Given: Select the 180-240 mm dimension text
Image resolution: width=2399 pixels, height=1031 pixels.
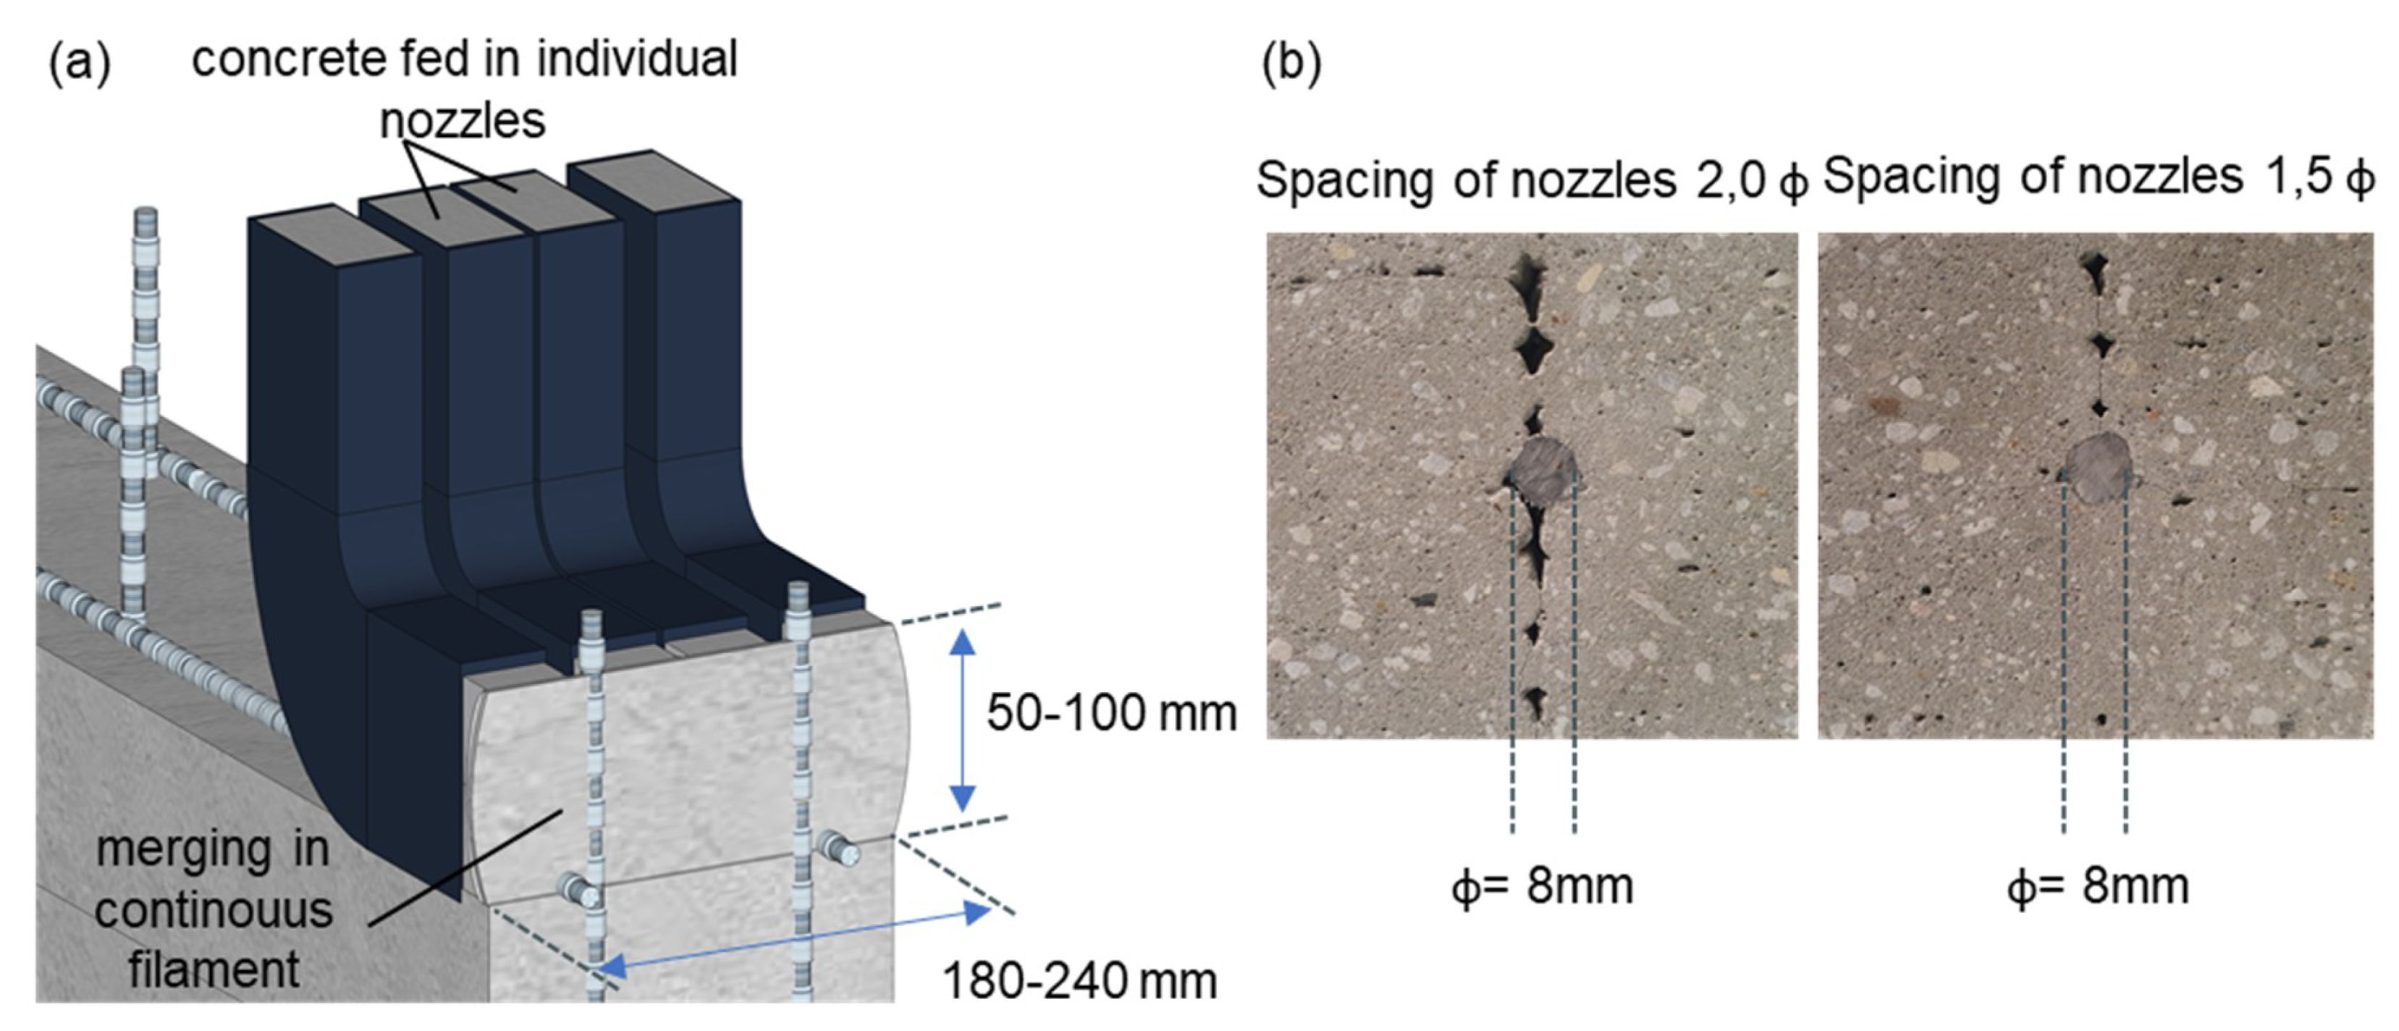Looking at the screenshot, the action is pyautogui.click(x=1079, y=982).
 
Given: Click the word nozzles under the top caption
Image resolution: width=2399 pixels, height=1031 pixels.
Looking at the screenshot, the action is pyautogui.click(x=463, y=121).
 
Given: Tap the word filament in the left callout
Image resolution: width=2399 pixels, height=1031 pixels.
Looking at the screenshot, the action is pyautogui.click(x=214, y=969).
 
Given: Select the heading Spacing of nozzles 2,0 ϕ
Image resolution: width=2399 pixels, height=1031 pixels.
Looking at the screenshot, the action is pyautogui.click(x=1531, y=180).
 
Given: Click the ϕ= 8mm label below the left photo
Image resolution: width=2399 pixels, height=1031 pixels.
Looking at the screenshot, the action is pyautogui.click(x=1542, y=885).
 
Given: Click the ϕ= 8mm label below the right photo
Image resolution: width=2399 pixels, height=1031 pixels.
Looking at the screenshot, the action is pyautogui.click(x=2097, y=885).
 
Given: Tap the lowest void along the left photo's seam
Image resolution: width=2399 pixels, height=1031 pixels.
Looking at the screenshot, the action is pyautogui.click(x=1535, y=700).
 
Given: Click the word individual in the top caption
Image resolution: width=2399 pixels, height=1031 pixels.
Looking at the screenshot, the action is pyautogui.click(x=637, y=59).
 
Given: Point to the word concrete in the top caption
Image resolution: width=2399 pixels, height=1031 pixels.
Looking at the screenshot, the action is pyautogui.click(x=290, y=59).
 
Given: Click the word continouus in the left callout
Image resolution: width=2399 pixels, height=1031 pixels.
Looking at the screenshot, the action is pyautogui.click(x=214, y=910).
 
